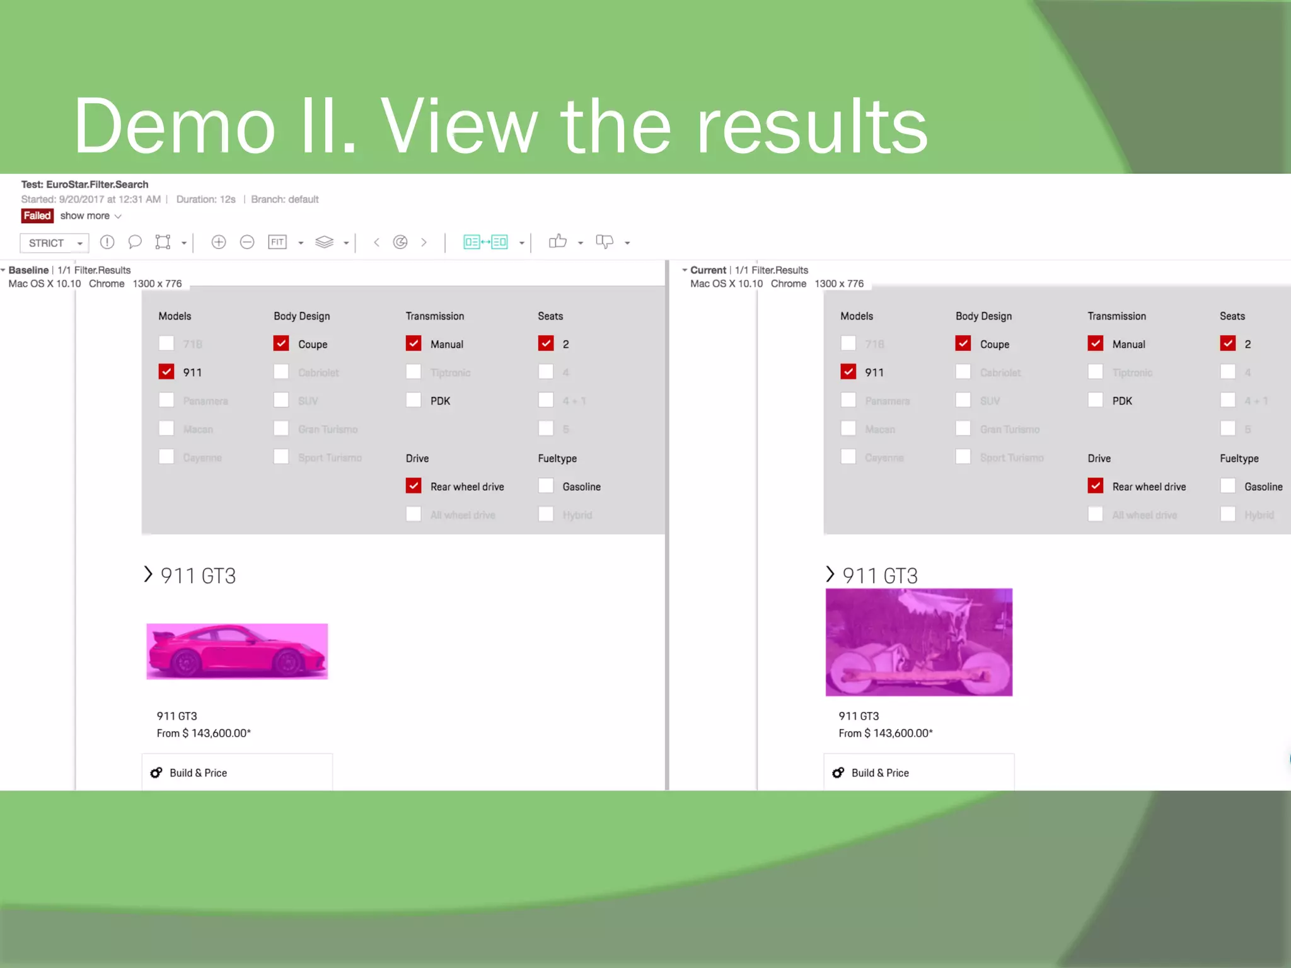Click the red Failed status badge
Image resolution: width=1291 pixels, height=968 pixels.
point(37,216)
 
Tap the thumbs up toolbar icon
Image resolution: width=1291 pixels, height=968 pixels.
point(557,242)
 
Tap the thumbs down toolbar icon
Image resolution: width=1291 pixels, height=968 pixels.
point(604,242)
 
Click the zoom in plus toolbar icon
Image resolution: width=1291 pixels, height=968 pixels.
point(219,242)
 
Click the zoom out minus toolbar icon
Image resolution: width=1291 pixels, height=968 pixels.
point(247,242)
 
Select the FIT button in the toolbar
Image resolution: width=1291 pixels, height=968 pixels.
point(277,242)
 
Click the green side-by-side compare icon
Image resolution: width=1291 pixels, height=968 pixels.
point(485,242)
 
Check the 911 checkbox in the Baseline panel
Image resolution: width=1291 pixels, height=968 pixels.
point(166,372)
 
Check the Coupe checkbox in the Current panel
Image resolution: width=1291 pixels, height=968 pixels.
point(963,343)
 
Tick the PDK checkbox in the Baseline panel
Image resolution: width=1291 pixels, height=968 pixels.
point(414,400)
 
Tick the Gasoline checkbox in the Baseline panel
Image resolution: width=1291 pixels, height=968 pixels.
point(546,486)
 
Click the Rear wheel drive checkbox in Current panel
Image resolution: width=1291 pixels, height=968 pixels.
point(1096,486)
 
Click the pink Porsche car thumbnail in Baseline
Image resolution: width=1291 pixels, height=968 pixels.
point(237,651)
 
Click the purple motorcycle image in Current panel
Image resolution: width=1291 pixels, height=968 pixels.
point(918,642)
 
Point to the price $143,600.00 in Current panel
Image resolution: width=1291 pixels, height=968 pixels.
point(886,733)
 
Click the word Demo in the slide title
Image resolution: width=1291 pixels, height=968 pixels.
point(175,126)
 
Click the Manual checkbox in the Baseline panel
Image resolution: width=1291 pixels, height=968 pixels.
point(414,343)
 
